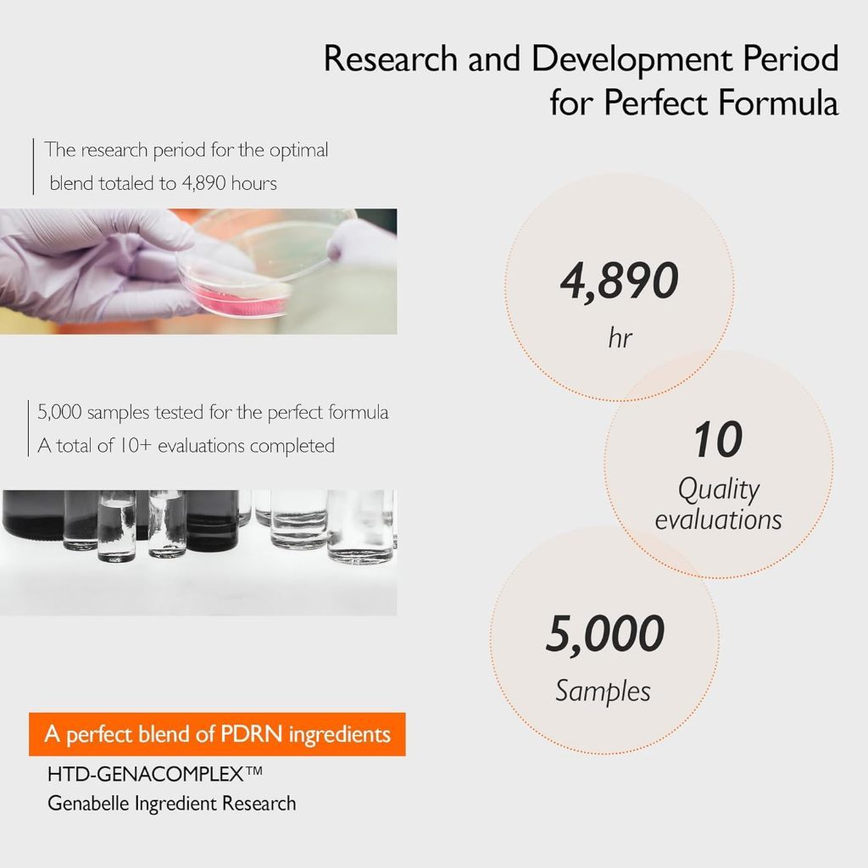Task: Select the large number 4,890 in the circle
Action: pos(619,281)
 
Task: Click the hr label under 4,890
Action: pos(620,337)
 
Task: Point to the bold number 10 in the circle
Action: pos(717,439)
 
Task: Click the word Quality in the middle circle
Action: pos(719,489)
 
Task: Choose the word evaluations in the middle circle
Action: pos(718,520)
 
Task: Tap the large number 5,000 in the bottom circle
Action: pos(604,633)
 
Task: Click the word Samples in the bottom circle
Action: pos(603,692)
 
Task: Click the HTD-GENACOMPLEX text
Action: pos(146,774)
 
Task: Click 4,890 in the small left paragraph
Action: pos(203,183)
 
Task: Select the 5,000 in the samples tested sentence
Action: pos(59,413)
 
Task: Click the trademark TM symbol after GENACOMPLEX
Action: pos(253,770)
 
